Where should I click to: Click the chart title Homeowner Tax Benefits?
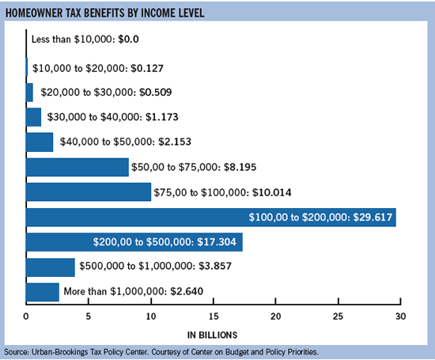pos(105,13)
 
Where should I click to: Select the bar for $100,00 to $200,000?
pos(211,218)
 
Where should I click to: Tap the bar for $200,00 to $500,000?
pos(134,242)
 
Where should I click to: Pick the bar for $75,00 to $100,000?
pos(89,191)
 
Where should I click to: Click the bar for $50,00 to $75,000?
pos(78,167)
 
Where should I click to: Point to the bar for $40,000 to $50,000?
pos(40,142)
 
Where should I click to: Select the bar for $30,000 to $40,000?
pos(33,117)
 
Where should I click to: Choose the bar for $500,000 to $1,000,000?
pos(50,267)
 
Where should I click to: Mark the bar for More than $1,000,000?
pos(43,292)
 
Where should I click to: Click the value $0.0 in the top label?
pos(128,39)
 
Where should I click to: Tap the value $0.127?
pos(147,68)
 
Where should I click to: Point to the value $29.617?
pos(373,217)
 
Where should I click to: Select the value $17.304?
pos(217,242)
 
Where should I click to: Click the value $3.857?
pos(215,266)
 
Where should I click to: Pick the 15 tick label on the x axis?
pos(214,316)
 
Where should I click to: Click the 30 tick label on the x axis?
pos(401,316)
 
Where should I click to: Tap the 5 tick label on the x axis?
pos(89,316)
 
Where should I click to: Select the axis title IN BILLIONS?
pos(212,335)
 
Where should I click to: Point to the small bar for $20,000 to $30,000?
pos(29,93)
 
